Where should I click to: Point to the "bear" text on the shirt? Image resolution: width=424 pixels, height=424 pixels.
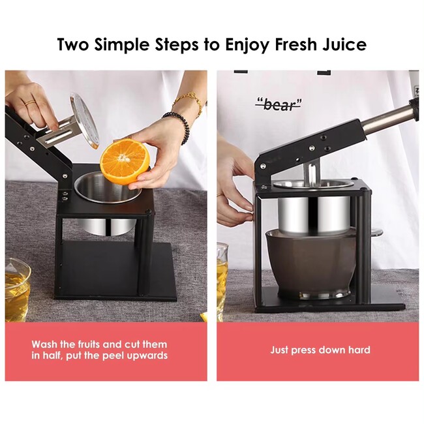[279, 105]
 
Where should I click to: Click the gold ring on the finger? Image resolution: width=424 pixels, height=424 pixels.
[30, 102]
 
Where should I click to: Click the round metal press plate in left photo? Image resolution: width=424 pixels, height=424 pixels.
[85, 121]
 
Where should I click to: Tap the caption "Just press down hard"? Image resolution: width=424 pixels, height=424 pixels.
[320, 350]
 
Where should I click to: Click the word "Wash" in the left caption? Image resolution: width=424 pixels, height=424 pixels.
[44, 344]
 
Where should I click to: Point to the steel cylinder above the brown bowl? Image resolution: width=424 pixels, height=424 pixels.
[314, 215]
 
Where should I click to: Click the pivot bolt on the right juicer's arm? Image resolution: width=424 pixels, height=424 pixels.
[262, 166]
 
